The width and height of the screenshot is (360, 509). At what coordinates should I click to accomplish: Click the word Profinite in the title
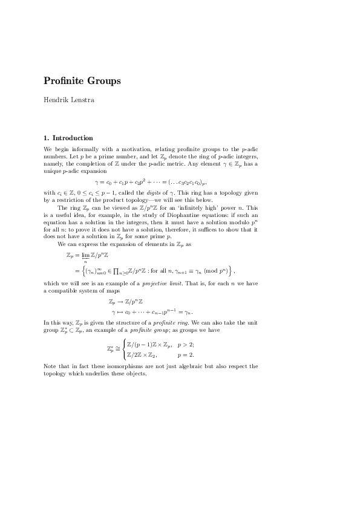tap(64, 80)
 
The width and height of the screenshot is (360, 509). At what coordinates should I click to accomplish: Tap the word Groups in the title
tap(104, 80)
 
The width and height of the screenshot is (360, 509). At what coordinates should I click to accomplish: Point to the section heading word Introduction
tap(73, 138)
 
